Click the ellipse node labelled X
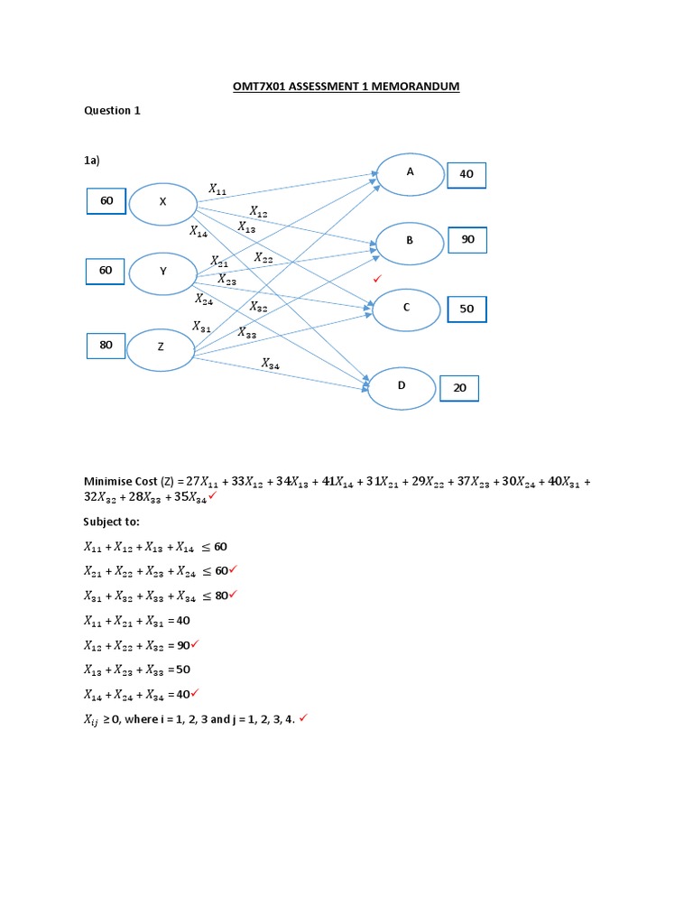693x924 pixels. click(x=163, y=204)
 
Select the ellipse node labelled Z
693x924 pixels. click(x=161, y=349)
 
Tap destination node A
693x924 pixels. click(x=410, y=173)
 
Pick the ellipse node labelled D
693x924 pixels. click(x=402, y=388)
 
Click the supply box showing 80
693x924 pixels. click(x=106, y=345)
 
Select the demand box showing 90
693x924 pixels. click(x=467, y=239)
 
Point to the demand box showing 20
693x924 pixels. click(x=459, y=388)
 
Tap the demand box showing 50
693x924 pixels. click(x=467, y=309)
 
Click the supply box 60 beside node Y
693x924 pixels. click(x=106, y=270)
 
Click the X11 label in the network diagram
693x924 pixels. click(x=218, y=189)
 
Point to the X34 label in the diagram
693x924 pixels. click(x=271, y=364)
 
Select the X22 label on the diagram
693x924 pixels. click(x=263, y=258)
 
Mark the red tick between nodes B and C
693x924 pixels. click(x=377, y=279)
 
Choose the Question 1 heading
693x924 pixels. click(x=112, y=111)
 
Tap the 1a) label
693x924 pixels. click(x=91, y=160)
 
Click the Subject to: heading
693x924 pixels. click(x=112, y=522)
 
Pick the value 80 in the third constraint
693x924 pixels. click(x=221, y=596)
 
